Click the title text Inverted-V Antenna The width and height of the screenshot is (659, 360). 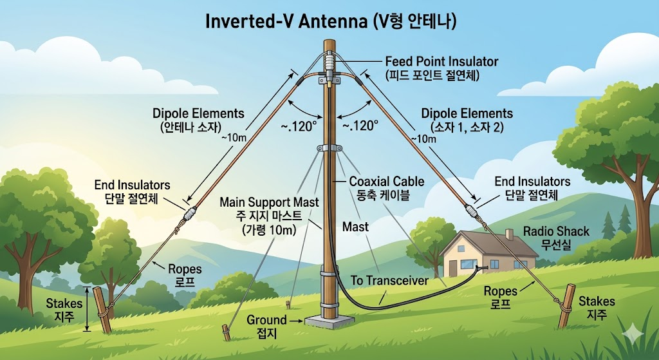point(286,23)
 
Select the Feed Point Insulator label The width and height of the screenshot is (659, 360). point(441,61)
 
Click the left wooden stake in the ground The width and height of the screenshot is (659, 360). point(102,310)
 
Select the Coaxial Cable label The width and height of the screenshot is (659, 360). point(387,182)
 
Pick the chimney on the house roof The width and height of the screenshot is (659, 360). point(510,234)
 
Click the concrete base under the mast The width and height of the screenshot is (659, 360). point(329,322)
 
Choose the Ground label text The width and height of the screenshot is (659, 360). point(266,319)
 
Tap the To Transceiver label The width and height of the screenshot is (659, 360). point(389,281)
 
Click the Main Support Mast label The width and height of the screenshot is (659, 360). point(269,202)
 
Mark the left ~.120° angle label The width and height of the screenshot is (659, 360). point(299,126)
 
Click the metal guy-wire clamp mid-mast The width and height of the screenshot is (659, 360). point(329,148)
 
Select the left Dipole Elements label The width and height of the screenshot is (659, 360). point(198,113)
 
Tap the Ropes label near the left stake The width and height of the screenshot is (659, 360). point(185,269)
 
